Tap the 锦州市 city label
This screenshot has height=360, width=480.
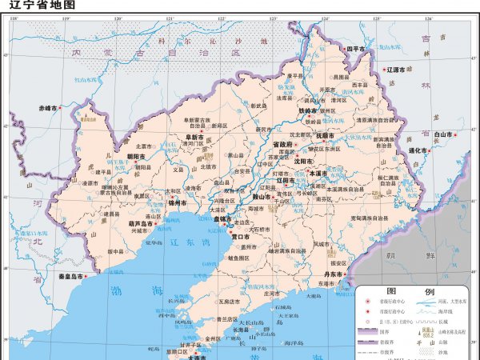point(177,202)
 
